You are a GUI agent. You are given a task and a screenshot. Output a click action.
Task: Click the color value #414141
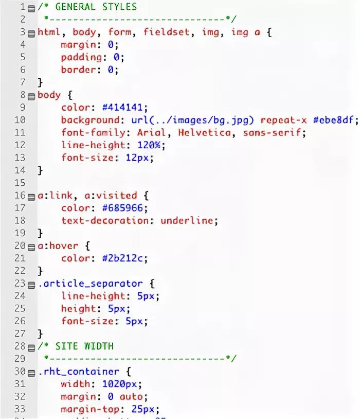[125, 108]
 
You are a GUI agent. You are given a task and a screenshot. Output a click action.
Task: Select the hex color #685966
[125, 208]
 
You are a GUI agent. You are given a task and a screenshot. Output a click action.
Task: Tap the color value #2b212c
[125, 258]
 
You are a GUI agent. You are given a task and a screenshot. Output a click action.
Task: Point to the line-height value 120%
[149, 145]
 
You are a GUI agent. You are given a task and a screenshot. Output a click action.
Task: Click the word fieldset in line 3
[164, 32]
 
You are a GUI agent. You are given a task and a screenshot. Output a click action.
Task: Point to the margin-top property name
[90, 409]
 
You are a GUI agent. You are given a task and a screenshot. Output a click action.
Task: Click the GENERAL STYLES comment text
[96, 7]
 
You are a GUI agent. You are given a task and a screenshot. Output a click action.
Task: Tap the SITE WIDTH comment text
[84, 346]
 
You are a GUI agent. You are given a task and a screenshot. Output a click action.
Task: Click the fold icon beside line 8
[31, 96]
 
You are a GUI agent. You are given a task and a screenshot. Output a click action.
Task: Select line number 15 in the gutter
[20, 183]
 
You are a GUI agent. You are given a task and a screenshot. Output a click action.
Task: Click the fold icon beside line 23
[31, 284]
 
